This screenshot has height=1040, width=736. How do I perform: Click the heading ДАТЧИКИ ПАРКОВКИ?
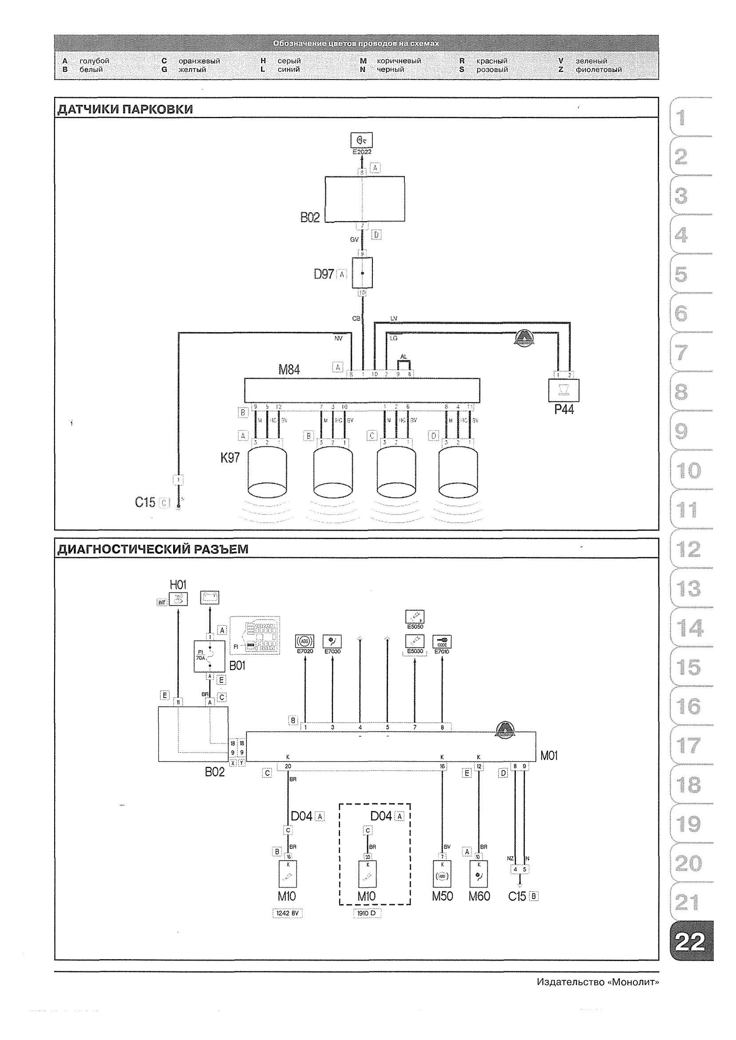click(125, 109)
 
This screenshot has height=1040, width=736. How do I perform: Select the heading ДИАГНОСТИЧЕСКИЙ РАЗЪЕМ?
click(153, 549)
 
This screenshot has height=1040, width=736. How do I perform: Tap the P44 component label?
click(564, 410)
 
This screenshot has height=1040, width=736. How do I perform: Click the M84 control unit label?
click(289, 370)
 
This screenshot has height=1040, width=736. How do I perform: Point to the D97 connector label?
click(324, 274)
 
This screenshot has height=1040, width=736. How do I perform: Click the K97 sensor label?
click(230, 458)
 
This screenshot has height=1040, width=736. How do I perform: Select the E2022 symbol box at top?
click(362, 140)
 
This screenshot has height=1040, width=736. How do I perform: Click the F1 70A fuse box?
click(210, 656)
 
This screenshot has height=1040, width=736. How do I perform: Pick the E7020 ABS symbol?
click(305, 642)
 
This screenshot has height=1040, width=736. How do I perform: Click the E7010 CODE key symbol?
click(442, 642)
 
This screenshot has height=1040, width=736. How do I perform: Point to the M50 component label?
click(442, 896)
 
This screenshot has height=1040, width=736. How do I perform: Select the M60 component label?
click(479, 896)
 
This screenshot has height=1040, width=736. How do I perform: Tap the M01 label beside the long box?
click(549, 755)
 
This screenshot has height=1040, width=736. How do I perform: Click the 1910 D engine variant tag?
click(367, 913)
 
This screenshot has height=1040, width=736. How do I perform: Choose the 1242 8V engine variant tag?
click(287, 913)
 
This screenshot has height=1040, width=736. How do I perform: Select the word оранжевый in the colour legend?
click(199, 61)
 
